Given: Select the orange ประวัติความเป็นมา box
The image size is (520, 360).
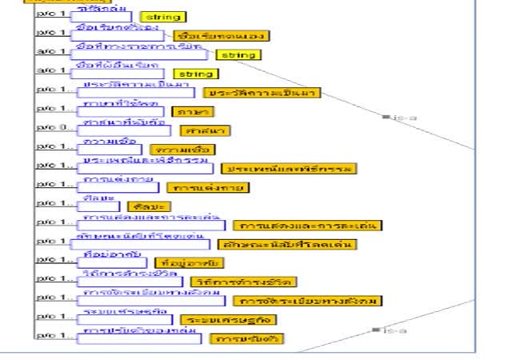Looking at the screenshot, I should click(x=261, y=93).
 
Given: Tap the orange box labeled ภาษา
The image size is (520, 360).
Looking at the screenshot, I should click(x=190, y=111).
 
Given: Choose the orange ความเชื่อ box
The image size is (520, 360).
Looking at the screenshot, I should click(x=182, y=150).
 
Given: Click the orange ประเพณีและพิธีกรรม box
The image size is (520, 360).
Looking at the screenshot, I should click(x=290, y=169).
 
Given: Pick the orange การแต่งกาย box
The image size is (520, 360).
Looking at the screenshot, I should click(x=208, y=188).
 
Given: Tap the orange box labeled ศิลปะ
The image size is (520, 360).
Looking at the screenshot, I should click(x=144, y=206).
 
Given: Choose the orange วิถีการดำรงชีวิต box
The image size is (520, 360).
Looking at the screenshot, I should click(x=243, y=282).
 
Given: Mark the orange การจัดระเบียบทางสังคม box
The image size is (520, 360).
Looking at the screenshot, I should click(x=307, y=301).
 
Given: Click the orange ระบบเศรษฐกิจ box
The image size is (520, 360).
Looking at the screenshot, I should click(x=228, y=319).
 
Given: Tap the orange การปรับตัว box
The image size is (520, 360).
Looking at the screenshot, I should click(x=246, y=338).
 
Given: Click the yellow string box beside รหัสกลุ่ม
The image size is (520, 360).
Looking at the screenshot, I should click(x=162, y=17).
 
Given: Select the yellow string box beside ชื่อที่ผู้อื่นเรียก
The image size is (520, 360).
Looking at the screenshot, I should click(x=195, y=74).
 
